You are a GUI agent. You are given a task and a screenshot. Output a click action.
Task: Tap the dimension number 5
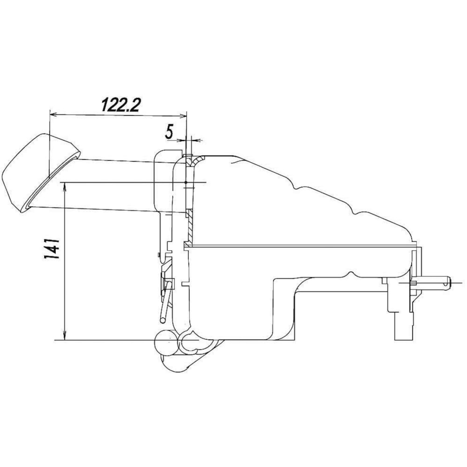click(x=169, y=132)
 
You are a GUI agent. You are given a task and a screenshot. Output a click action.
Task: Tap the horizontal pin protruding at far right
click(x=432, y=282)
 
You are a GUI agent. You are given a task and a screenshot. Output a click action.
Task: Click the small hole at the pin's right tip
click(x=447, y=282)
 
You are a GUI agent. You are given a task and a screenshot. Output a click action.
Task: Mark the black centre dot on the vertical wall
click(x=186, y=182)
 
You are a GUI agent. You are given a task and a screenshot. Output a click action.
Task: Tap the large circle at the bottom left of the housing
click(x=166, y=342)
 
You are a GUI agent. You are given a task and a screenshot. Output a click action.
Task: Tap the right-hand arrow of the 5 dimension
click(x=196, y=139)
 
